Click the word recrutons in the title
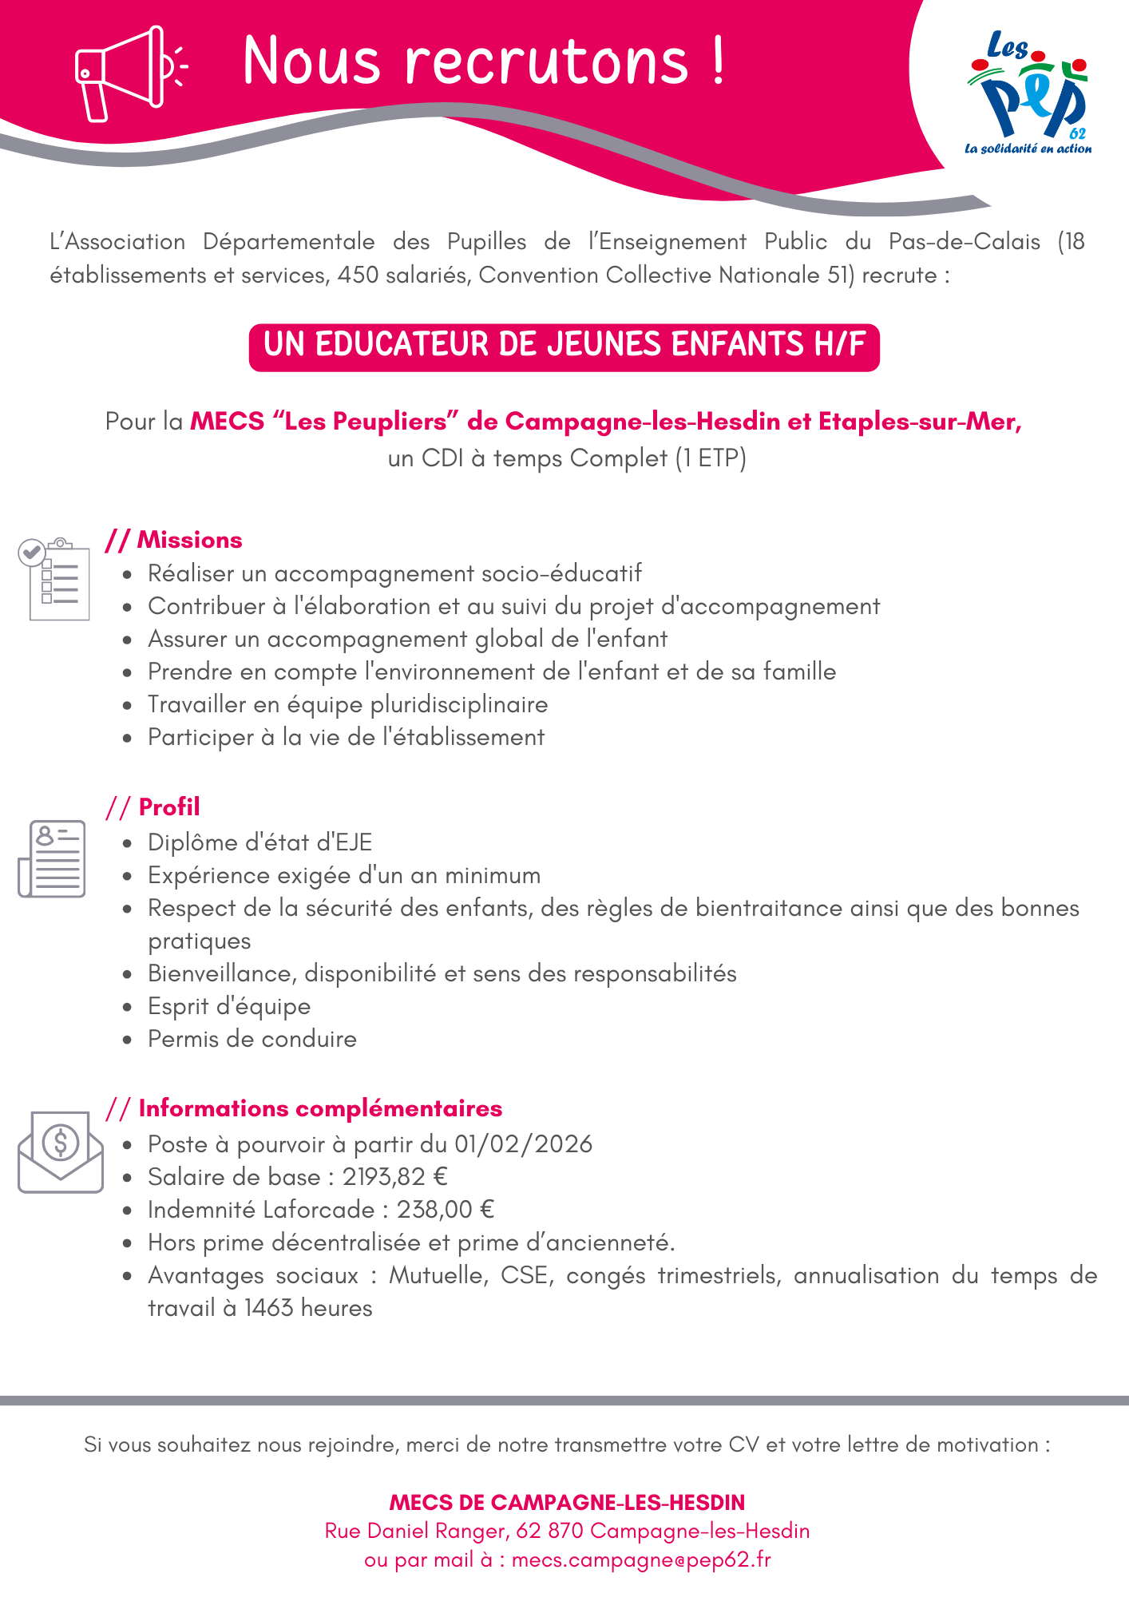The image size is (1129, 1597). (546, 61)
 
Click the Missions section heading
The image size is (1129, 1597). (189, 541)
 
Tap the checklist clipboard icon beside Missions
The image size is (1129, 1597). (54, 579)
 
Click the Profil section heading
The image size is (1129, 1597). (169, 807)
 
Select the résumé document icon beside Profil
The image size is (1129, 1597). (52, 858)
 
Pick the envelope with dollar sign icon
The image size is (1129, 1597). (61, 1151)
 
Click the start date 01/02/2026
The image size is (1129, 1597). (524, 1144)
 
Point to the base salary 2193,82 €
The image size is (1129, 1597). (395, 1177)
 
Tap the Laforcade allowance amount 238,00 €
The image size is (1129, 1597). (446, 1210)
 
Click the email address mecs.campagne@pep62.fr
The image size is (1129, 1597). (641, 1559)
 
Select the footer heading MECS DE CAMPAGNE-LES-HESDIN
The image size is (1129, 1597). (567, 1503)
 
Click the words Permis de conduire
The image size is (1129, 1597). (252, 1039)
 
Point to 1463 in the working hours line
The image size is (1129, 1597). (268, 1308)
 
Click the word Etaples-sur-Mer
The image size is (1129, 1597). (919, 422)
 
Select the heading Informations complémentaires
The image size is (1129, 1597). (320, 1108)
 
